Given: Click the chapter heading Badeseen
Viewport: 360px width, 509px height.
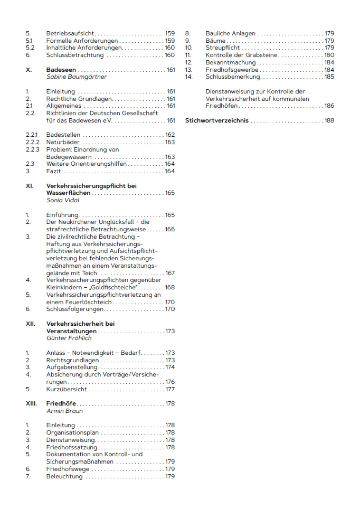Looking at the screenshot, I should [61, 70].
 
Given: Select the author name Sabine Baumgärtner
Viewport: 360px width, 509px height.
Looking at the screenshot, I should [77, 77].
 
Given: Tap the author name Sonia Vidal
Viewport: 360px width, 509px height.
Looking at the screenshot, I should [62, 201].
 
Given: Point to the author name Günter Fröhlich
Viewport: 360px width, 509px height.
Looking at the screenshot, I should [69, 338].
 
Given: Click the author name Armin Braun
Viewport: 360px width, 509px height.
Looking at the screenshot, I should [64, 411].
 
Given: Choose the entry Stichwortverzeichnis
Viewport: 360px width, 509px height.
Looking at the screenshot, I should [216, 121].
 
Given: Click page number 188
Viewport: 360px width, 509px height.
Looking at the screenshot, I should [329, 121].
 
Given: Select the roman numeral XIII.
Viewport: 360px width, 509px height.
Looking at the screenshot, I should [31, 403].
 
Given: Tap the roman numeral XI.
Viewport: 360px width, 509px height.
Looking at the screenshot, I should [30, 186].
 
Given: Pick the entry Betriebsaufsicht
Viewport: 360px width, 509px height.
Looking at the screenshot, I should [71, 33].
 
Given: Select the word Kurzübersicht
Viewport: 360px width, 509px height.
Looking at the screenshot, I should [67, 389].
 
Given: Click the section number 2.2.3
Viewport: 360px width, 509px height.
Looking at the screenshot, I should [33, 150].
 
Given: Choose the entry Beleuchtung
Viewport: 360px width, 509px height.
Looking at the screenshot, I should [64, 476].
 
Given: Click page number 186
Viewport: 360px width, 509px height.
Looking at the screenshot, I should [329, 106].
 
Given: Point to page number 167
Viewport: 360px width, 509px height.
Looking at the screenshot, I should [170, 273].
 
